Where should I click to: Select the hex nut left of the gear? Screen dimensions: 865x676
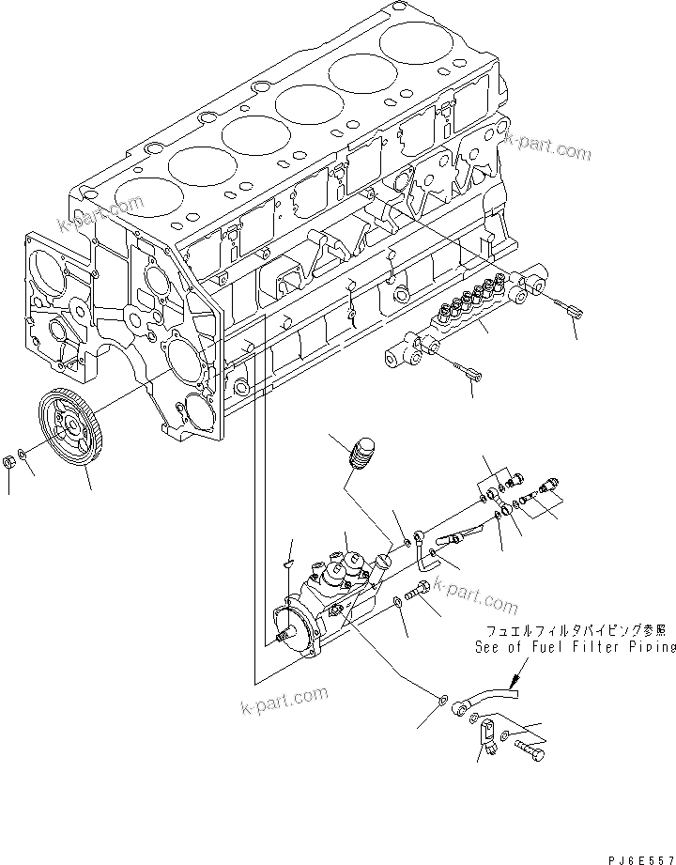tap(8, 461)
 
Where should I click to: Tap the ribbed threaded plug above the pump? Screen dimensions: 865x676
tap(361, 454)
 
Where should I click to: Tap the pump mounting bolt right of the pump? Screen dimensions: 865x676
tap(421, 589)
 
